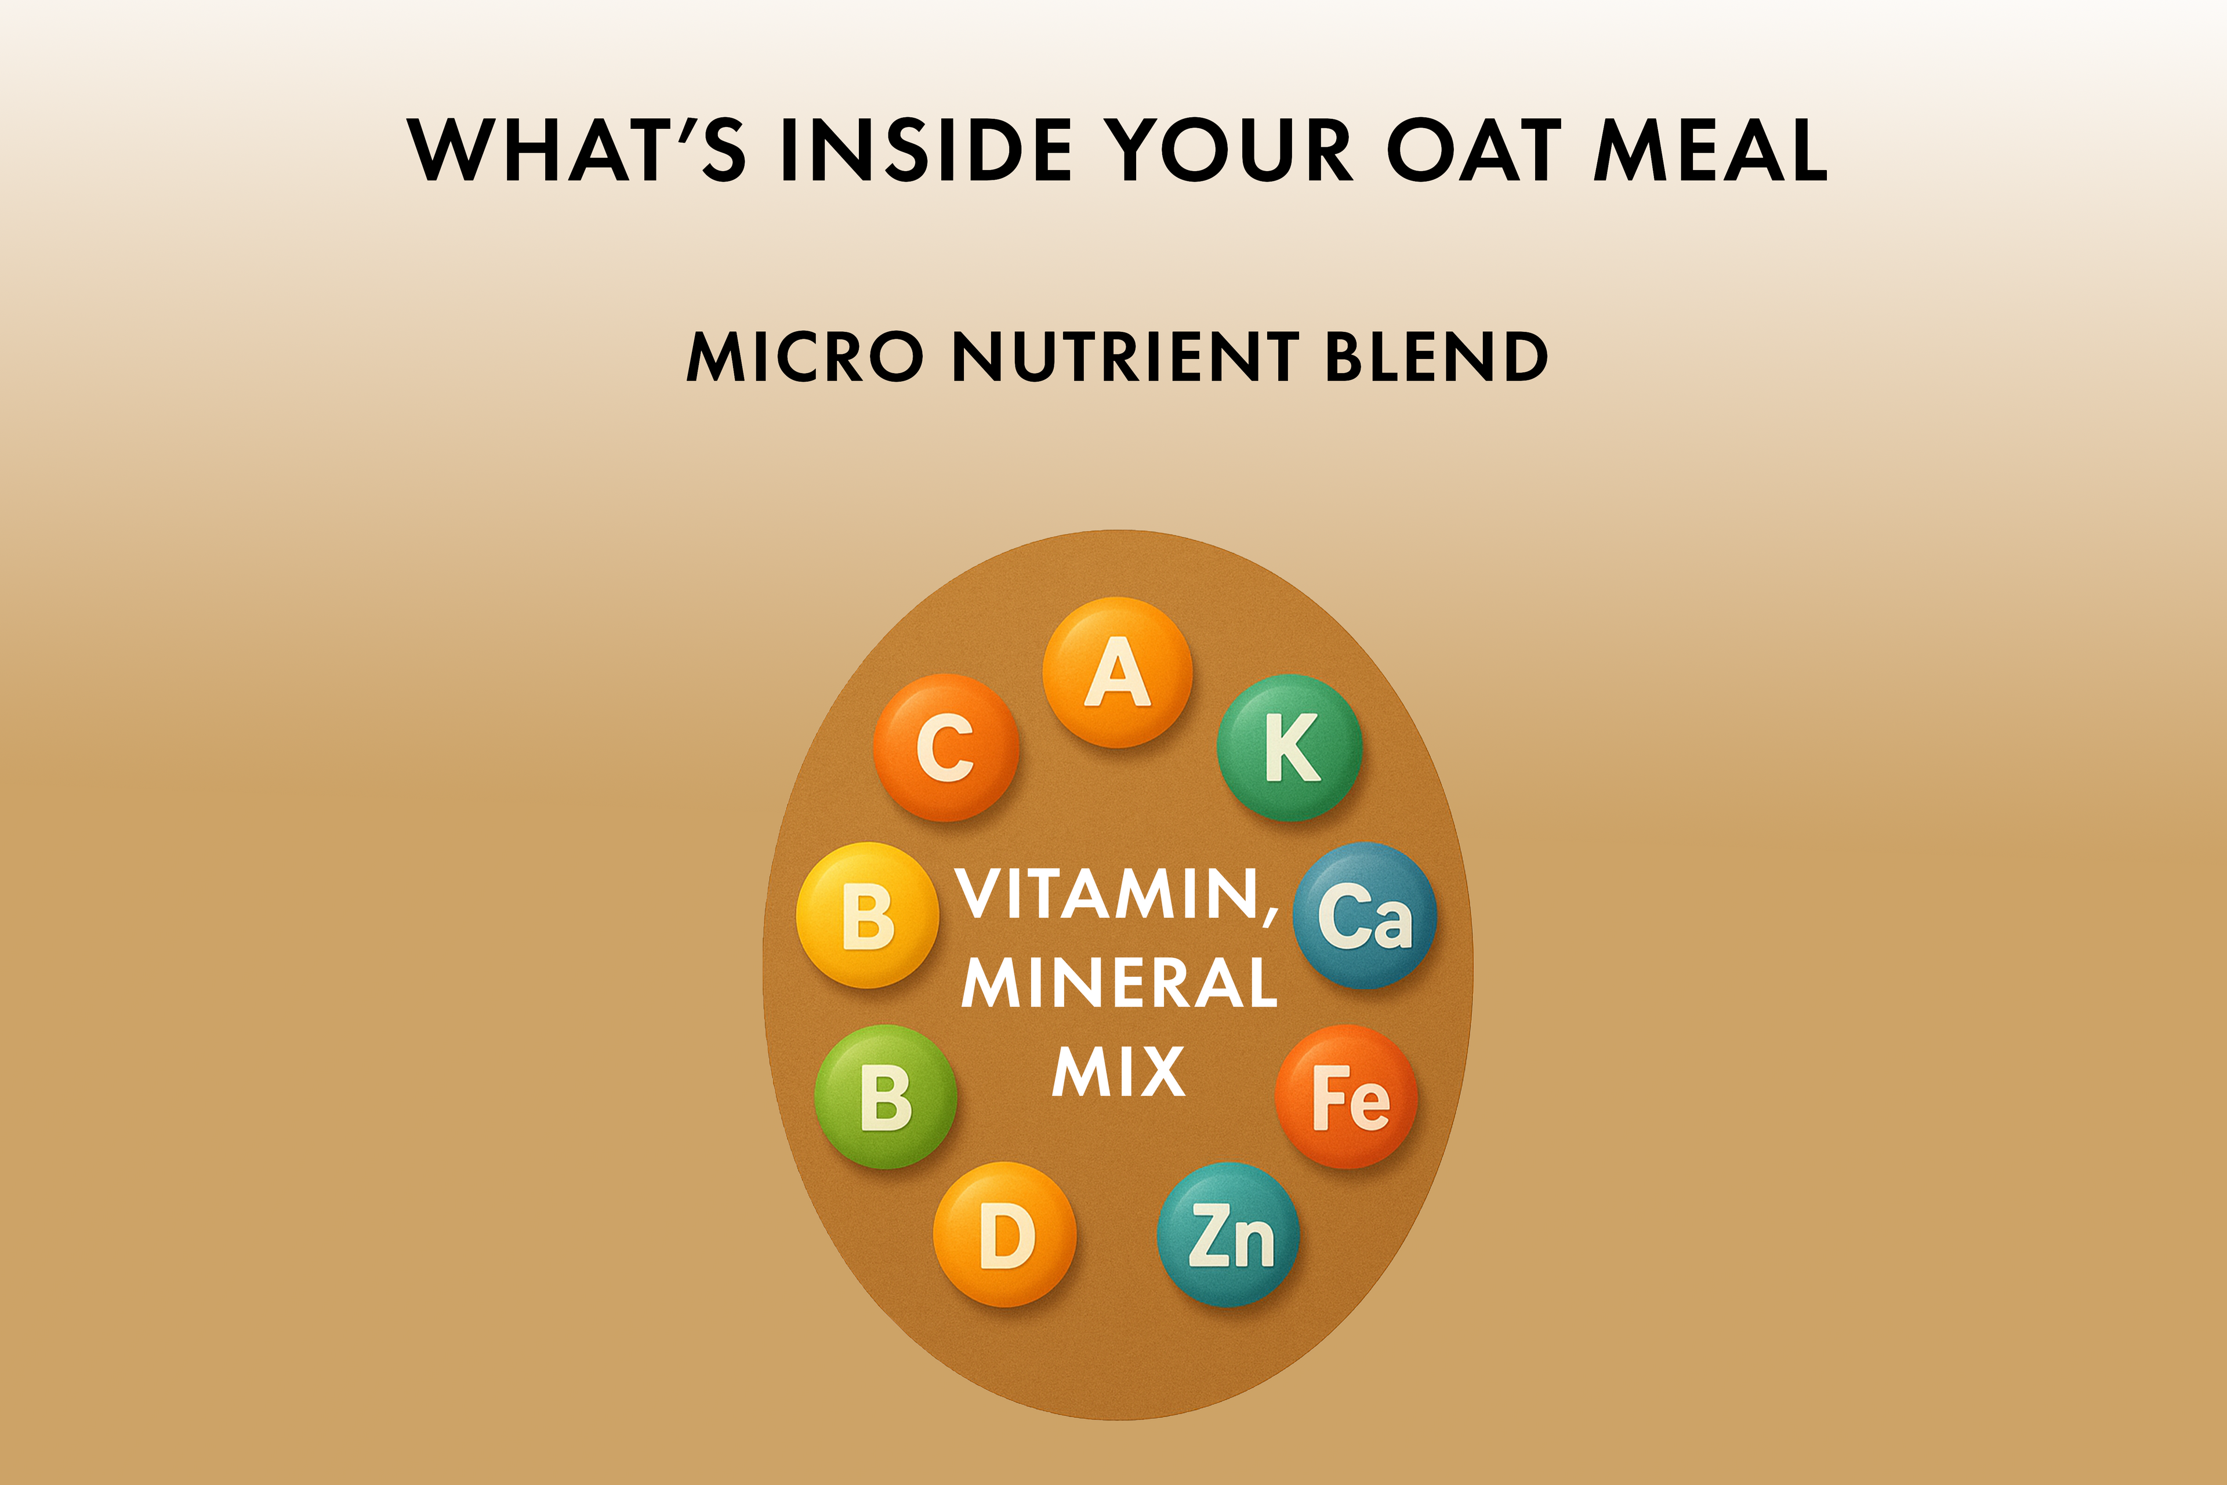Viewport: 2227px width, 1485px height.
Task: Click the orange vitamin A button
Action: click(1118, 672)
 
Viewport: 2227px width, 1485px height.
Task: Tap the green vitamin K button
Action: click(1290, 747)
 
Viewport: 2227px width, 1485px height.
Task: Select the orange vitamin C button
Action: click(946, 747)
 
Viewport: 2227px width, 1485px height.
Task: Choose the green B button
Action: click(886, 1097)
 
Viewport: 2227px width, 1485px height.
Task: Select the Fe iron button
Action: click(1347, 1097)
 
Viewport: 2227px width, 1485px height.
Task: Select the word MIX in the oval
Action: click(1118, 1071)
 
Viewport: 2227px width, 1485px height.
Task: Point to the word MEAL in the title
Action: click(1711, 150)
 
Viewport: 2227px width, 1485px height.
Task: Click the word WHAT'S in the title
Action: click(576, 150)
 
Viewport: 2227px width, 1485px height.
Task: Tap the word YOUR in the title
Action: click(1229, 150)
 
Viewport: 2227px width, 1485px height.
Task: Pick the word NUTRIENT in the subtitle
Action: click(1124, 357)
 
